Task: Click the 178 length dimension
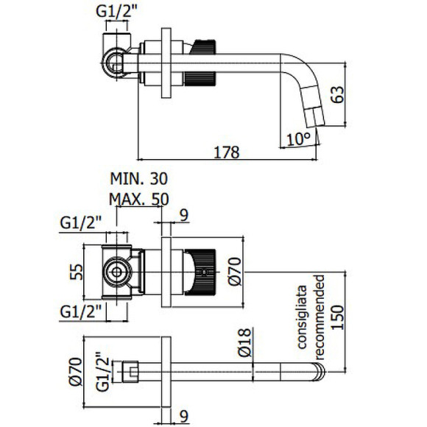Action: point(226,152)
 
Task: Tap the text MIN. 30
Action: point(138,180)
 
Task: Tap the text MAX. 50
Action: point(138,199)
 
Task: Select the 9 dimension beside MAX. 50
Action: point(185,215)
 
